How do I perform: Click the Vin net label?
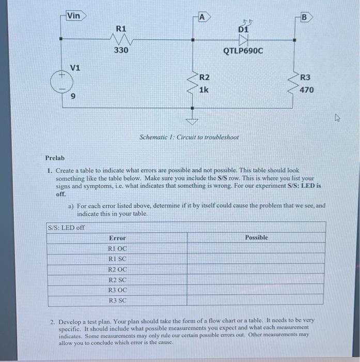(74, 16)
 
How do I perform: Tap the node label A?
(202, 17)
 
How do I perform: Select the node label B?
(304, 17)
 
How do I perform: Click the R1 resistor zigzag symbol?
(120, 39)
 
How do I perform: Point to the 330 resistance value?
(121, 51)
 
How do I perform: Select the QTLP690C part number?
(243, 51)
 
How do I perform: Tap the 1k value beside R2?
(204, 90)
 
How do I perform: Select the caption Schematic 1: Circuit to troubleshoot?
(190, 138)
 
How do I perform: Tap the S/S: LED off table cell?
(66, 228)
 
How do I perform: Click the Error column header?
(117, 238)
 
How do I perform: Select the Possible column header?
(256, 237)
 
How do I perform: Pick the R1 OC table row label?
(117, 249)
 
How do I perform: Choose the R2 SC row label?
(117, 280)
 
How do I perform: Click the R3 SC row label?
(117, 300)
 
